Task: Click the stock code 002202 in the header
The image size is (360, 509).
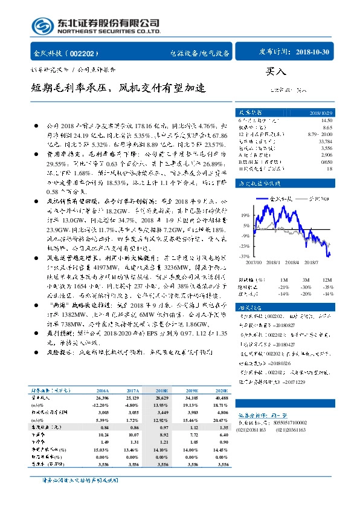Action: coord(88,53)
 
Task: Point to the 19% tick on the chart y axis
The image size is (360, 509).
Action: coord(244,215)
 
